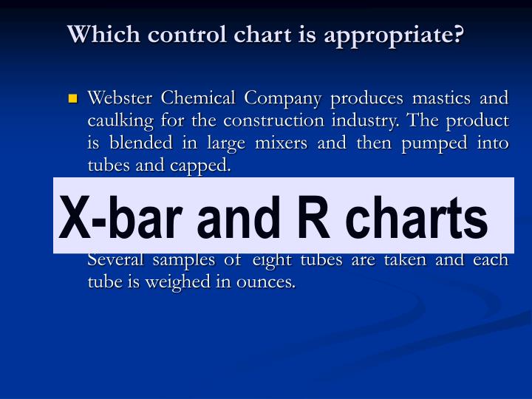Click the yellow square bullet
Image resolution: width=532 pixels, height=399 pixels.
click(72, 98)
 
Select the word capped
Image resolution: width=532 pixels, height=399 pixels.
click(202, 166)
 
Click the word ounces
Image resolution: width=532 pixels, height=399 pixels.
click(267, 282)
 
